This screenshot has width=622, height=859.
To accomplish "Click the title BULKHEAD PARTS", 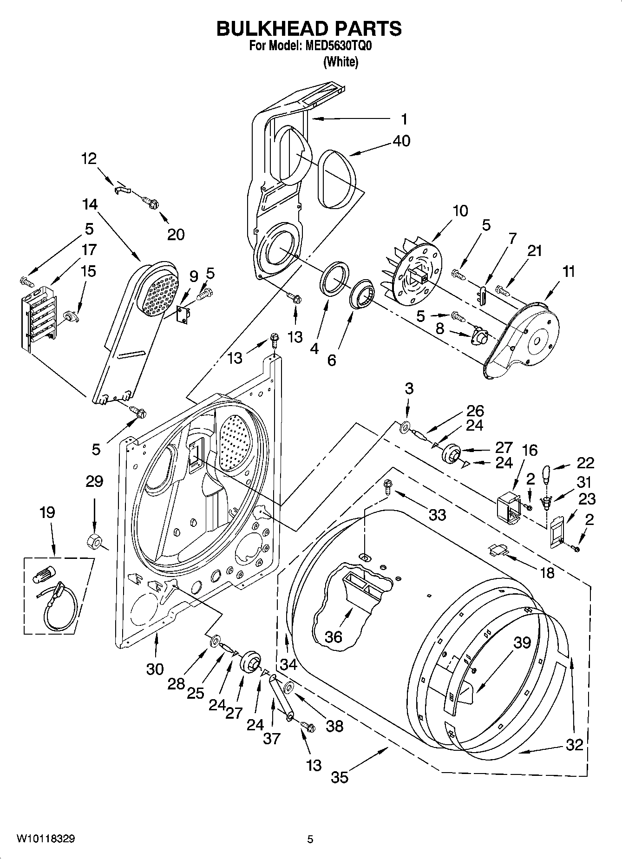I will tap(309, 29).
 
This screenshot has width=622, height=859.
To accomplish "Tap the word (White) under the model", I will tap(340, 62).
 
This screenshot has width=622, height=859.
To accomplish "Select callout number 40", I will tap(401, 140).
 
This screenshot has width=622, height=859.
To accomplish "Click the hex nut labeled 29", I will tap(94, 541).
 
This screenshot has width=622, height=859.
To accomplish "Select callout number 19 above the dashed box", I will tap(47, 512).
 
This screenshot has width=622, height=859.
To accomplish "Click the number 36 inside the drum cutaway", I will tap(334, 636).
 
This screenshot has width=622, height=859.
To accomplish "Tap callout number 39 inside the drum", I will tap(522, 643).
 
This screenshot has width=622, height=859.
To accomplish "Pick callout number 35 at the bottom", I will tap(340, 777).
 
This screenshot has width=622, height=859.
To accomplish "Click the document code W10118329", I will tap(46, 839).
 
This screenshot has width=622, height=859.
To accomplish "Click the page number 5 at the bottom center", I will tap(310, 839).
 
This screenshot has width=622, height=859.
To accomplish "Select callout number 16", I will tap(530, 450).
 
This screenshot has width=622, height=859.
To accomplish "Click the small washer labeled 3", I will tap(404, 425).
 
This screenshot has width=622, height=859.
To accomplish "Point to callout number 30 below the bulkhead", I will tap(155, 669).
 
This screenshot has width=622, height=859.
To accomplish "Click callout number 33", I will tap(437, 514).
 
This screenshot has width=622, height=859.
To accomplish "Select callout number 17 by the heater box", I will tap(89, 249).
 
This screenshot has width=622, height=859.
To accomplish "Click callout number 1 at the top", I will tap(404, 119).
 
